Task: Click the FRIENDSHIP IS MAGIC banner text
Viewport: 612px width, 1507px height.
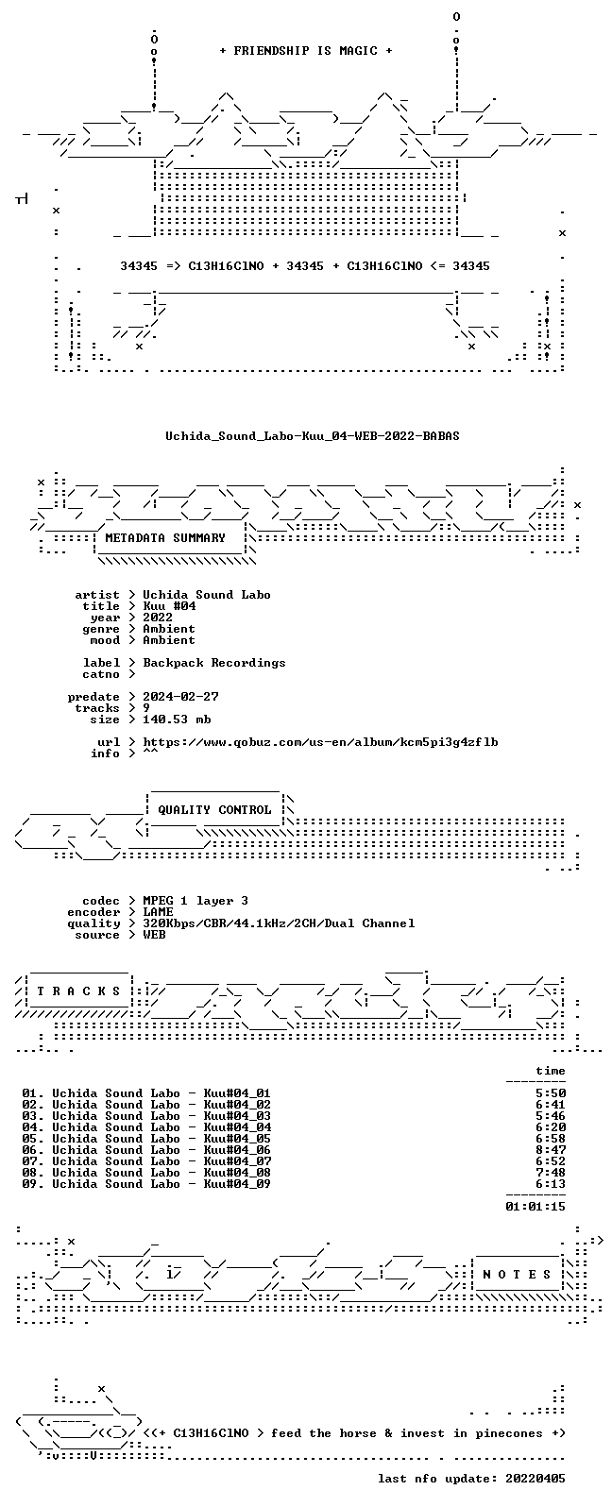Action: click(x=306, y=50)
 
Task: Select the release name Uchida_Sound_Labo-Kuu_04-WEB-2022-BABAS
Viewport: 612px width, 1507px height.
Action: click(x=313, y=436)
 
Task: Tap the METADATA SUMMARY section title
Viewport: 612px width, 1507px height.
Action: click(x=165, y=537)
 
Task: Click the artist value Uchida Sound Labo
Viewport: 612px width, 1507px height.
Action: click(x=207, y=595)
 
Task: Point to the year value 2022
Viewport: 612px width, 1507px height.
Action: click(x=158, y=618)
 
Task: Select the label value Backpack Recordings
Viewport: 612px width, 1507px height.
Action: click(x=214, y=663)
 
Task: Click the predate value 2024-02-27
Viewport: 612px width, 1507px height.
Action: click(x=180, y=696)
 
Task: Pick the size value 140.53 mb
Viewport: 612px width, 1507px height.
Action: click(x=177, y=720)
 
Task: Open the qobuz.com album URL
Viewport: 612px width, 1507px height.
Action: click(x=320, y=742)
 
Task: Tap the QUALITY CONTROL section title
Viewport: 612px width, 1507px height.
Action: click(x=214, y=809)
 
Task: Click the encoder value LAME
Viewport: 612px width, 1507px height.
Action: click(x=158, y=912)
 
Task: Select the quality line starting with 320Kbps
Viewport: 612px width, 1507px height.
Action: click(x=279, y=923)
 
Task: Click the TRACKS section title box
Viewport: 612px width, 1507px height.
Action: click(x=78, y=991)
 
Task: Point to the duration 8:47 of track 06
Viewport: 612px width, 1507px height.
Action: click(x=551, y=1150)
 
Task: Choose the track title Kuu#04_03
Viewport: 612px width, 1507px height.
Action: click(x=237, y=1116)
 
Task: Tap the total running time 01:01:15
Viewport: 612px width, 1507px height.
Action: click(x=535, y=1207)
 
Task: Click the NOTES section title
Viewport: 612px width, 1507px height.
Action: click(x=517, y=1274)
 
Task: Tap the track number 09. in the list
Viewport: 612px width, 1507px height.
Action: click(x=32, y=1183)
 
